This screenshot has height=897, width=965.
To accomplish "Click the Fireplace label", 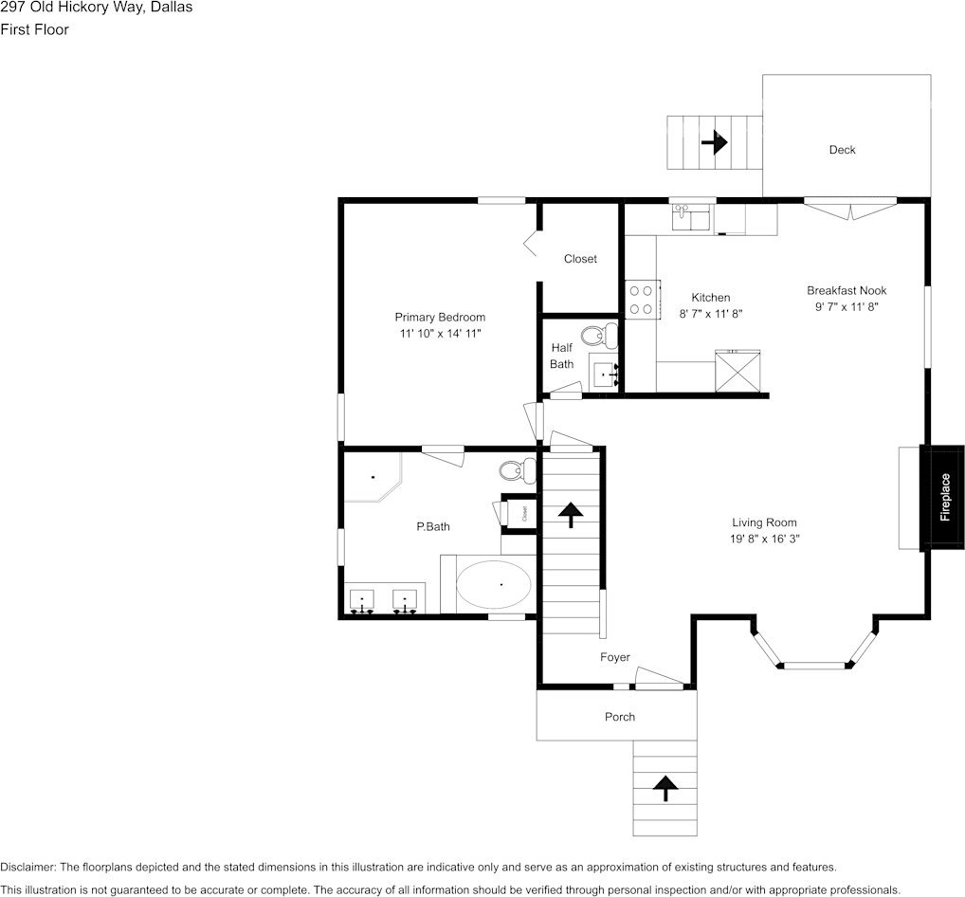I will [944, 498].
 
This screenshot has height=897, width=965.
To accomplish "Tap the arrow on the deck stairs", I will [714, 142].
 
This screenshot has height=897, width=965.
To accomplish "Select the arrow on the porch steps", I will [665, 787].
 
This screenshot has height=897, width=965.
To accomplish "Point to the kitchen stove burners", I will [641, 300].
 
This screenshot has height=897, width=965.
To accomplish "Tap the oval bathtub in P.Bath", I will [493, 585].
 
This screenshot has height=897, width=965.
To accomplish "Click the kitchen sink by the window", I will [692, 219].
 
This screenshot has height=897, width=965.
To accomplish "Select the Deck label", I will [842, 150].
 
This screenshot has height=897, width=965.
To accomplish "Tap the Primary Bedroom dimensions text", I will [440, 335].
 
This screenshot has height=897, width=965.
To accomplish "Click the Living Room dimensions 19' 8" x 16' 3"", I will [764, 539].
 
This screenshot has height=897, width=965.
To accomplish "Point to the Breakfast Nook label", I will [847, 290].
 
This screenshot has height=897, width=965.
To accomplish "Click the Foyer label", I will [614, 657].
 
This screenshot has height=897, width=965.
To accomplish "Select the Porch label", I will [620, 717].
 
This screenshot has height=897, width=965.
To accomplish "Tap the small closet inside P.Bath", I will [524, 513].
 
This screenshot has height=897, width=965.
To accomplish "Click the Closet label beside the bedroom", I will [580, 259].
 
